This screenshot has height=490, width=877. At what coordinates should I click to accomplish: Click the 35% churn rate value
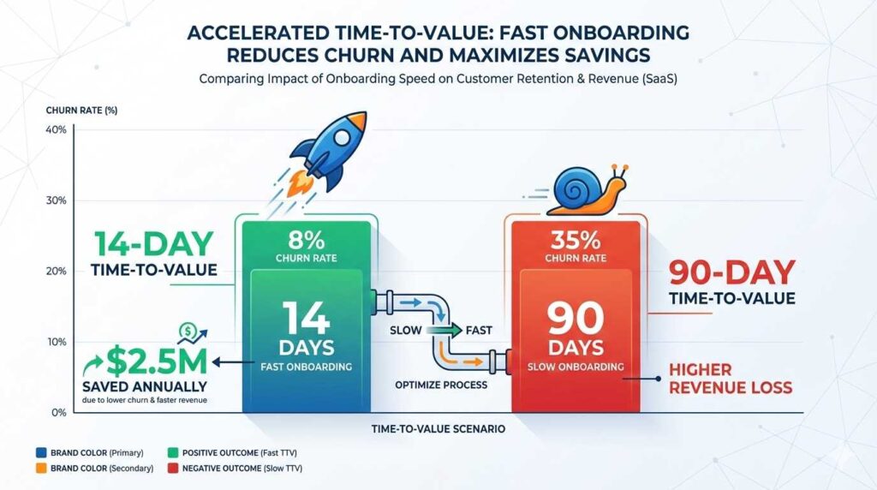click(576, 236)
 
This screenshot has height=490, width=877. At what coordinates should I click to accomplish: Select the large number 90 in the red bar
click(576, 319)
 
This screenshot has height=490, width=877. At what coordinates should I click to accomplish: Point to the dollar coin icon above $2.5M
click(188, 331)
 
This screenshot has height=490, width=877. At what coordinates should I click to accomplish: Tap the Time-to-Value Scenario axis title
click(438, 427)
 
